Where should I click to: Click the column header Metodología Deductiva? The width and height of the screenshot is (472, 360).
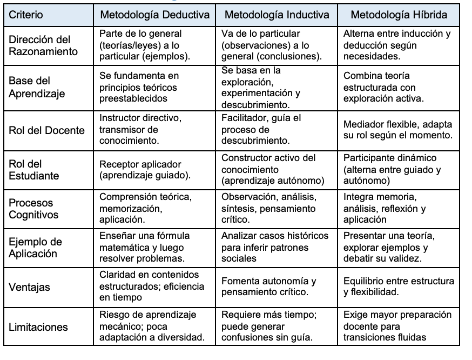[x=154, y=15]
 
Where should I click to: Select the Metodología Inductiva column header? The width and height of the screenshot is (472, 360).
[x=277, y=15]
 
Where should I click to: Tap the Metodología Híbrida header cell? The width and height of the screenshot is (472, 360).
[x=399, y=15]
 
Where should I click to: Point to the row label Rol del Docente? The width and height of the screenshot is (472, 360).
[x=47, y=130]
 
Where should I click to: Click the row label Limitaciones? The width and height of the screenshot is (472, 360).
[x=38, y=327]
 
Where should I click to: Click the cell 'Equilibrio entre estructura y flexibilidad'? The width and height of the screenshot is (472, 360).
[x=399, y=287]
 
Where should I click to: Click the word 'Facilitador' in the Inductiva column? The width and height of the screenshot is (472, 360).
[x=246, y=118]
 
